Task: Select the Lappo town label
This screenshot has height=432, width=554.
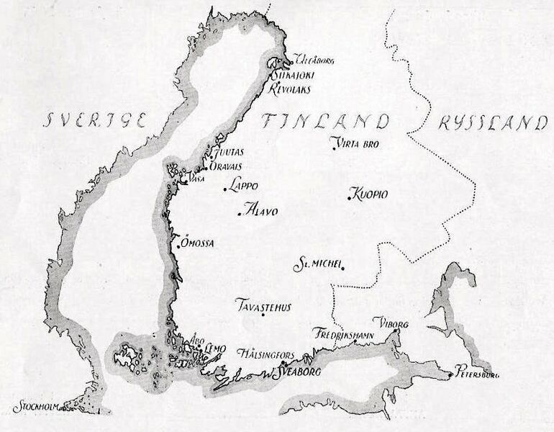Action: point(242,185)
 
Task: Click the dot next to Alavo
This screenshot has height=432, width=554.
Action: point(240,213)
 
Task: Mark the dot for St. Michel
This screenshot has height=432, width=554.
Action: point(343,269)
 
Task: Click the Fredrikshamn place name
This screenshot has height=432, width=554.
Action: point(345,335)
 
